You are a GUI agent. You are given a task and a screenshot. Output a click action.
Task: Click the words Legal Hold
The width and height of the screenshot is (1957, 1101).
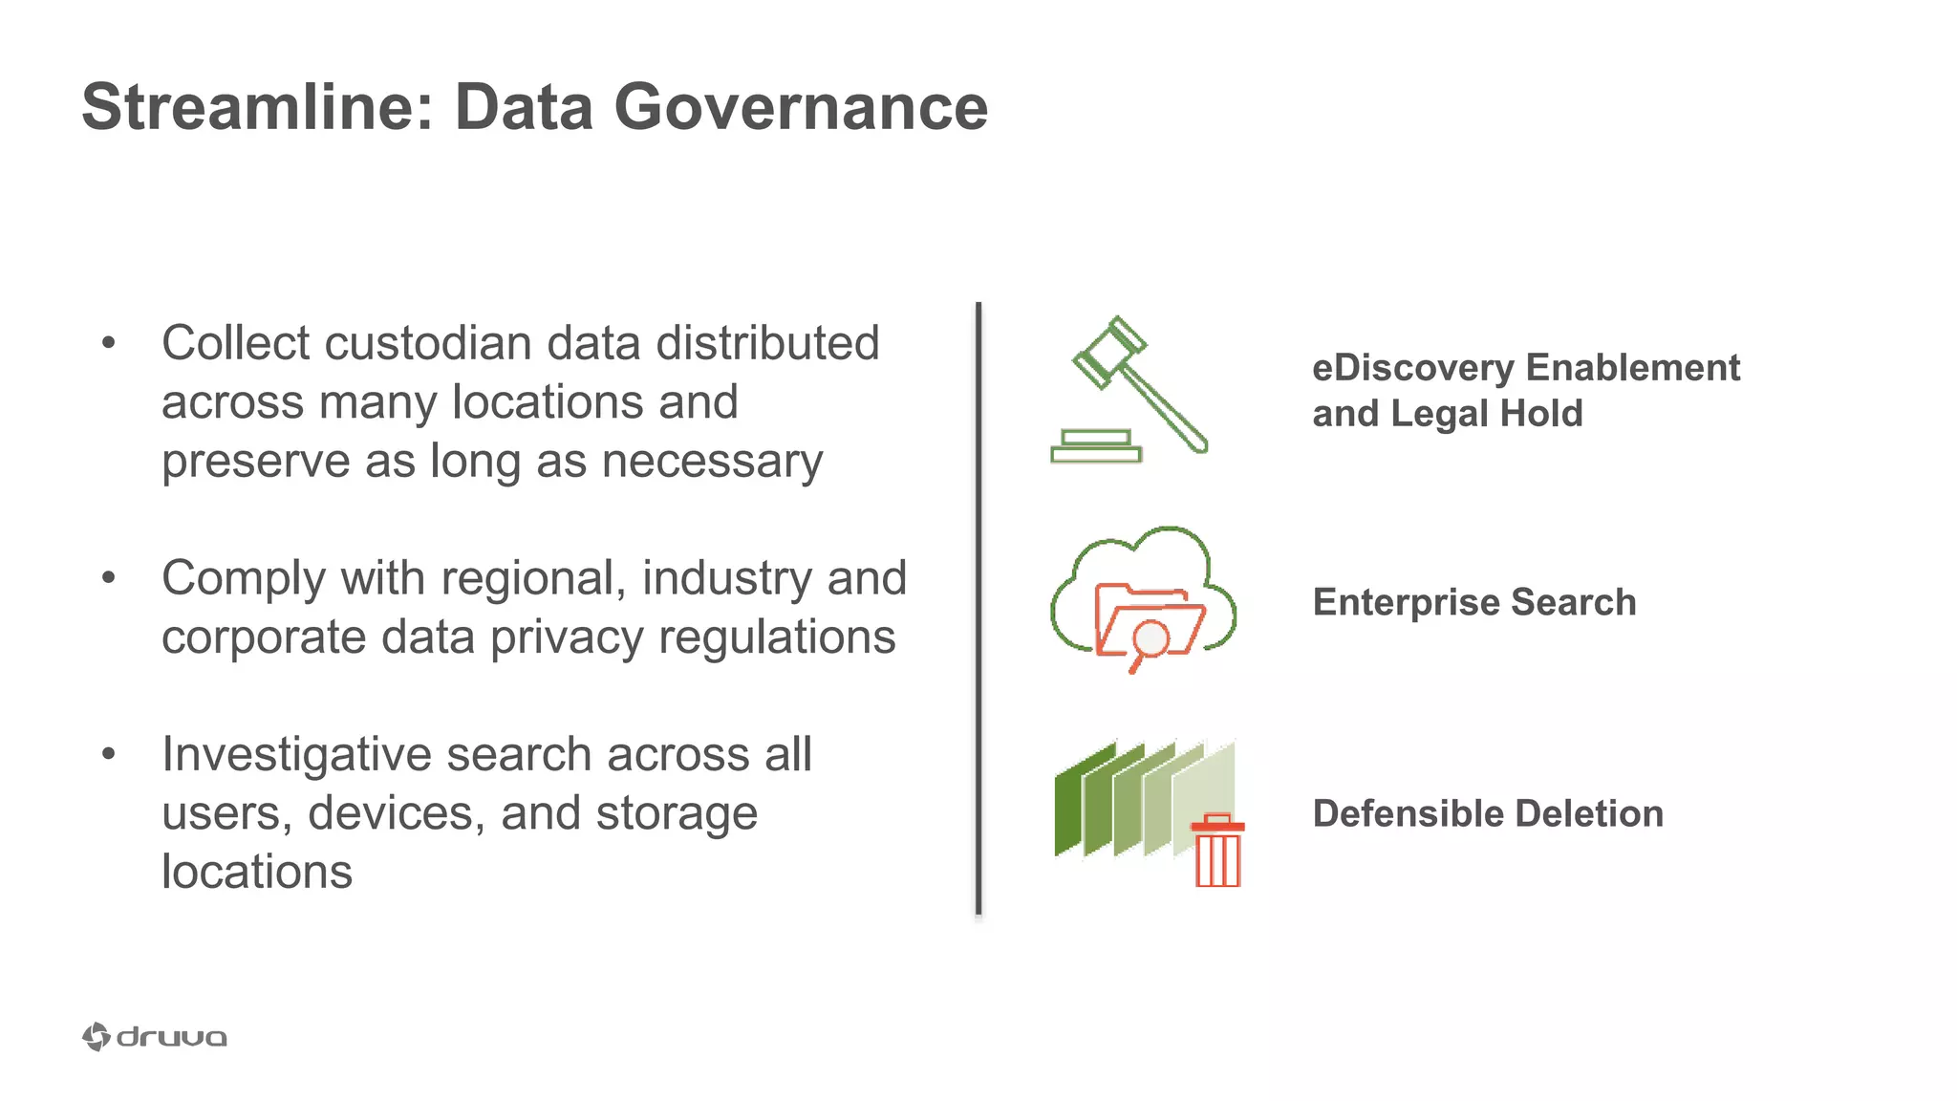[x=1488, y=414]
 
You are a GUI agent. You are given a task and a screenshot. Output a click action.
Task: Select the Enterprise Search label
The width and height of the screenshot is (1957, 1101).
[x=1474, y=602]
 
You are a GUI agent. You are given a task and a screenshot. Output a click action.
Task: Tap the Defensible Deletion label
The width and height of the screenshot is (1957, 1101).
[x=1488, y=813]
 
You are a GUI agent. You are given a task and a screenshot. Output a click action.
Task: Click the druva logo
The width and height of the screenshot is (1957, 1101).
[x=155, y=1037]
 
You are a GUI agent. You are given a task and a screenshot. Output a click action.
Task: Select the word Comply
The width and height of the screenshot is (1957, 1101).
[x=244, y=579]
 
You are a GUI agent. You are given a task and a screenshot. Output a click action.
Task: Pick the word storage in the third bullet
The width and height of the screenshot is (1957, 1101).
[x=677, y=813]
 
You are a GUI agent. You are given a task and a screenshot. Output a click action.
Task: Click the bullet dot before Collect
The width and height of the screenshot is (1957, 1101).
[x=108, y=343]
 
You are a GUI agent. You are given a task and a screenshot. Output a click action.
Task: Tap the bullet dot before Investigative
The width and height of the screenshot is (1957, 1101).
[x=108, y=755]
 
